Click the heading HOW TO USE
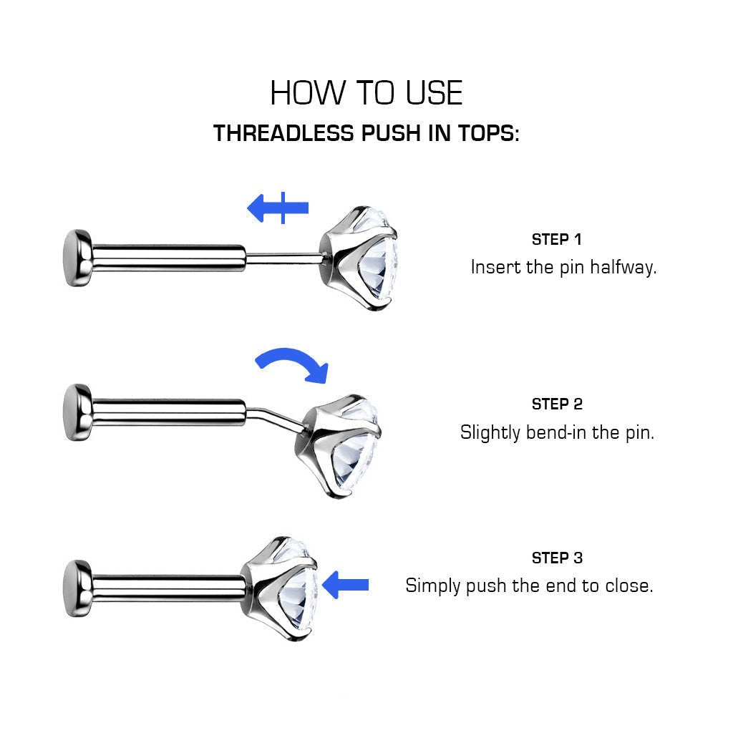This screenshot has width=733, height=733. [x=366, y=93]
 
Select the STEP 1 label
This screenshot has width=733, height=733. [x=556, y=239]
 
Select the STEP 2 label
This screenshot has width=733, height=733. [x=557, y=404]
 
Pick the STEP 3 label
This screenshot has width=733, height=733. [x=557, y=558]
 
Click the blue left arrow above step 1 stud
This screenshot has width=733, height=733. [x=278, y=208]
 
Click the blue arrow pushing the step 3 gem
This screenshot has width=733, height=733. [x=346, y=585]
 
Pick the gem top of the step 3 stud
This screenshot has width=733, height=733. [x=281, y=588]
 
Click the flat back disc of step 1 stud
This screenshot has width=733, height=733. [x=77, y=258]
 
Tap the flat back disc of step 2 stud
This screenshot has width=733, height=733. [x=77, y=413]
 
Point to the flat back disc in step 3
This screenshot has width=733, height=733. [x=77, y=588]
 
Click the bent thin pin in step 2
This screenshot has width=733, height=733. [x=273, y=417]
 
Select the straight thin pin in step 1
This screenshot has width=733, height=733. [x=283, y=258]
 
